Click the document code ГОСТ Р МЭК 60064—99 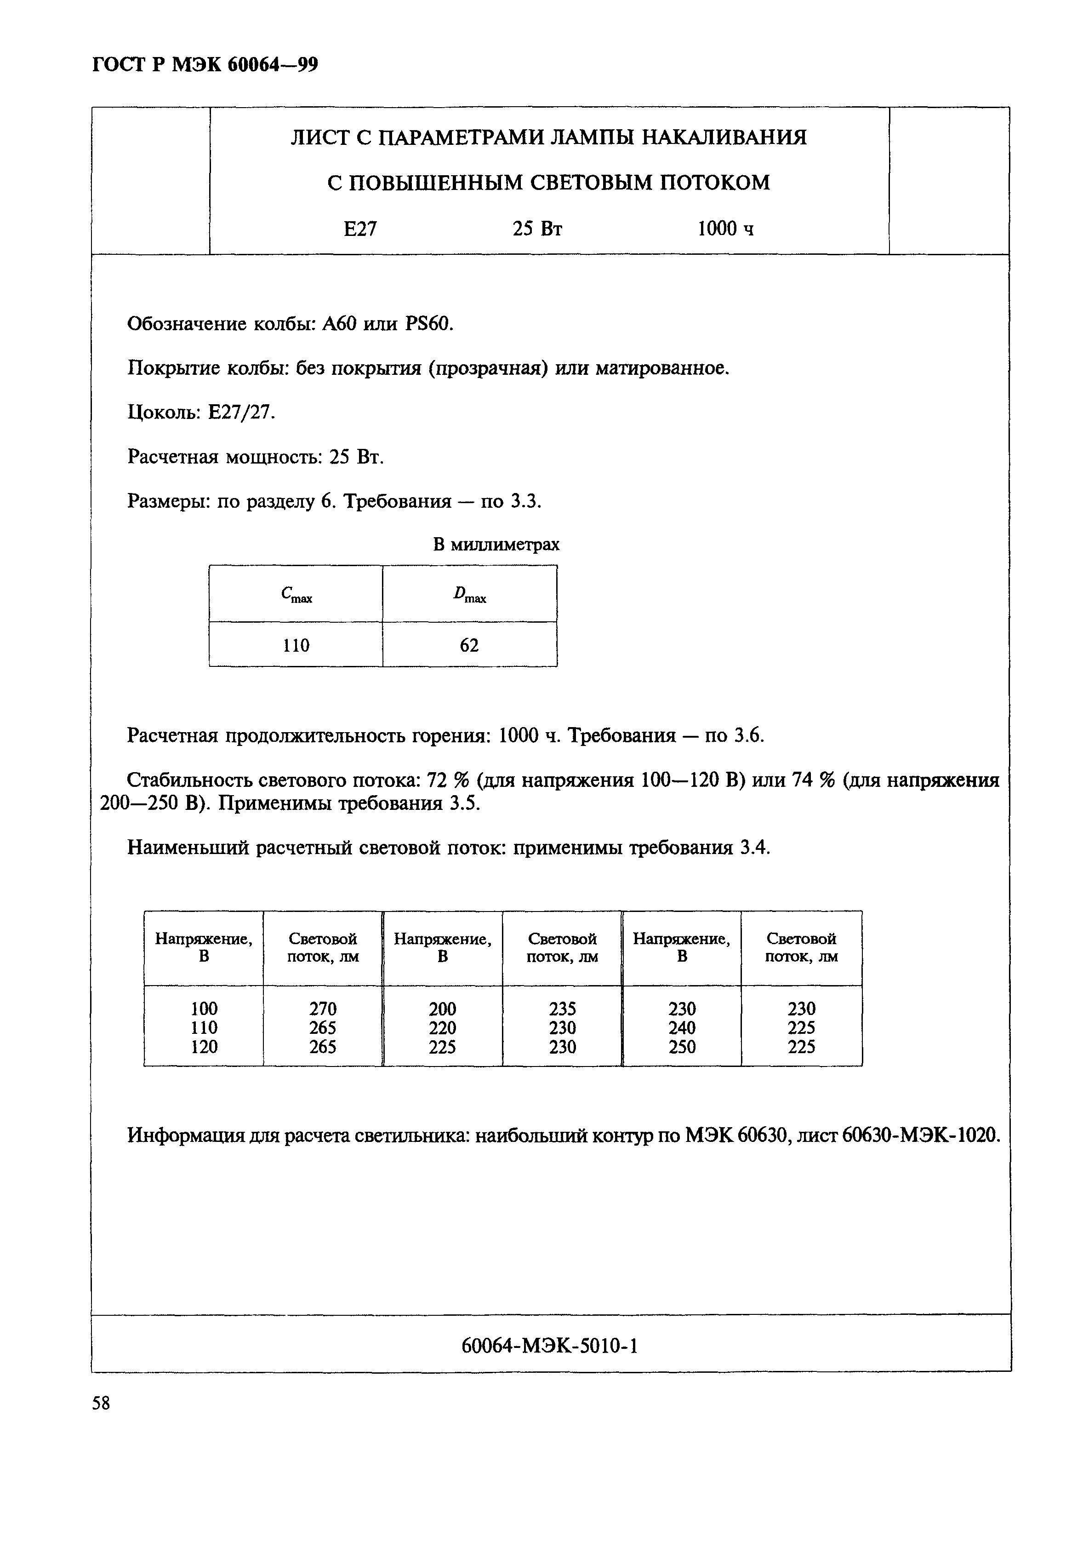click(205, 65)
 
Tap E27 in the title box click(360, 229)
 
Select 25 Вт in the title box click(537, 229)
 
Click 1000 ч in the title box click(725, 229)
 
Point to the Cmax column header click(296, 594)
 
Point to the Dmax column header click(469, 594)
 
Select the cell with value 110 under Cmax click(296, 645)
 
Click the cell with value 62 click(469, 645)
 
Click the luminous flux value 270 click(323, 1008)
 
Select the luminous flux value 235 click(562, 1008)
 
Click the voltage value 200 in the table click(442, 1008)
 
